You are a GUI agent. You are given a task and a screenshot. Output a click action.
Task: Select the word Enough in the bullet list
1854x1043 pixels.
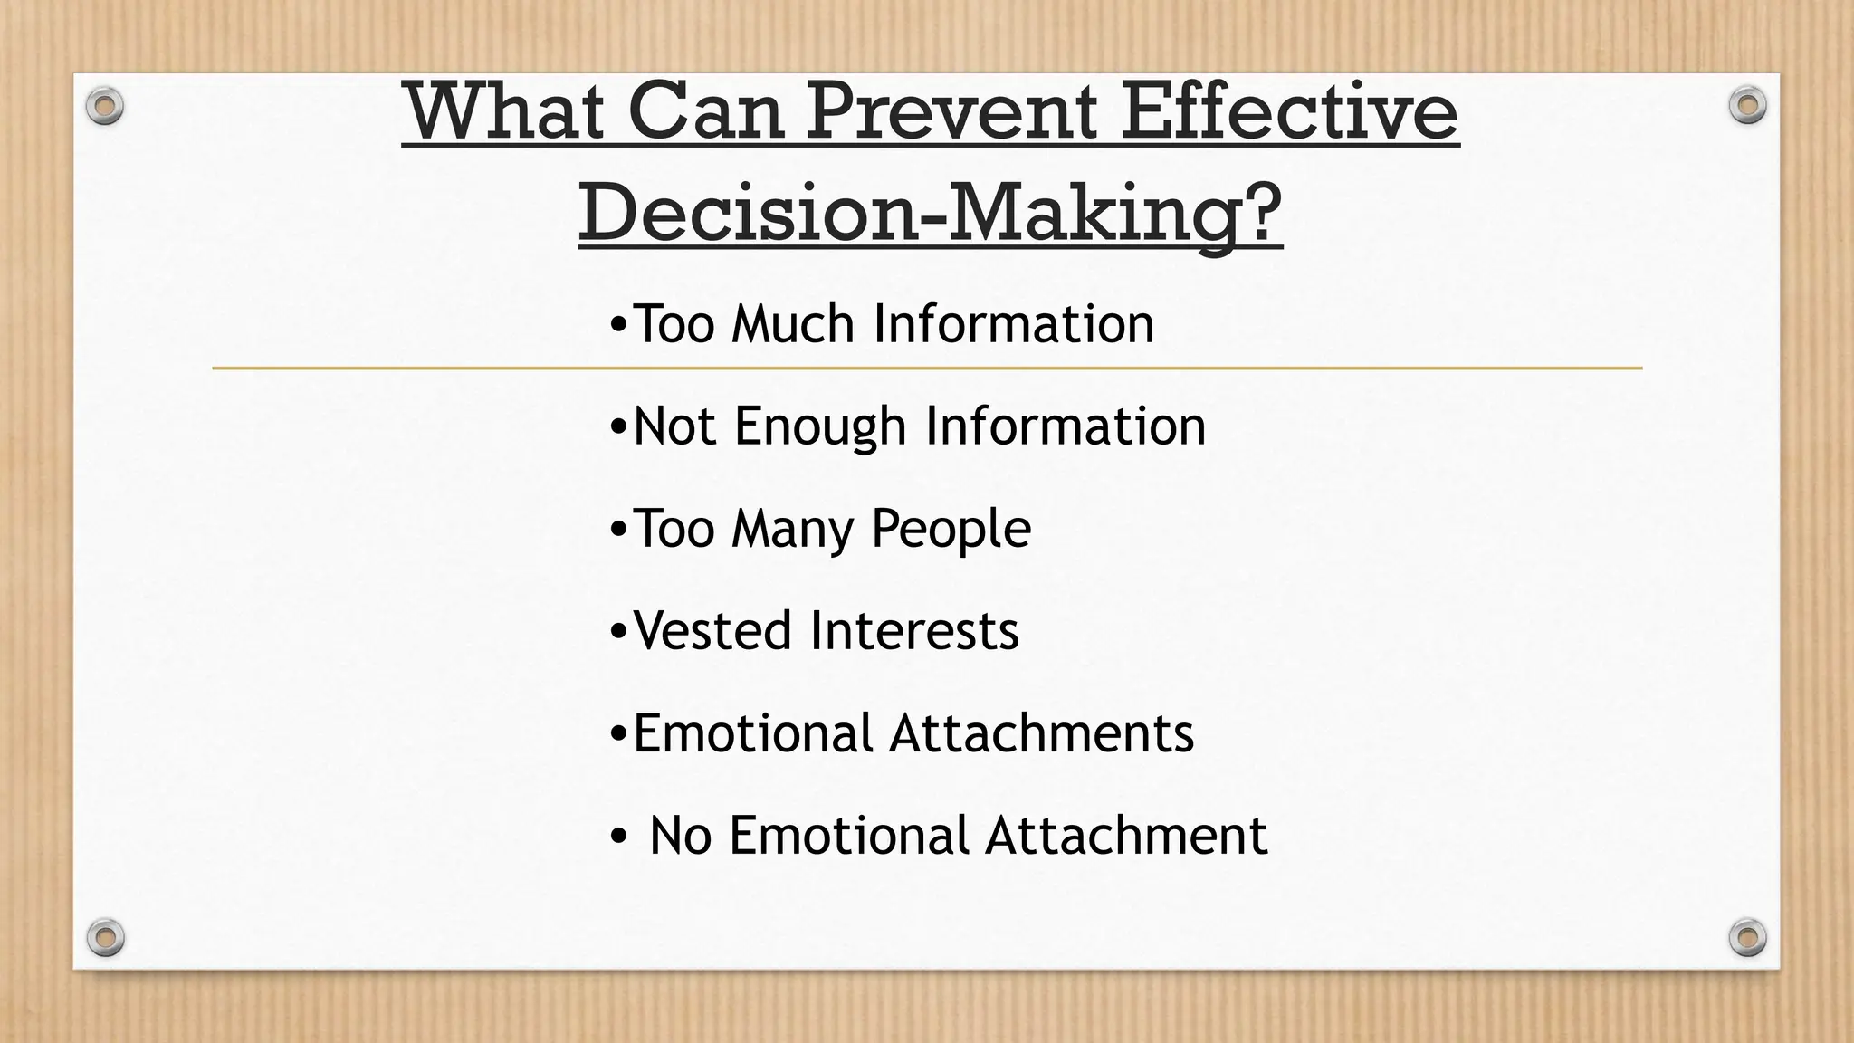[x=820, y=426]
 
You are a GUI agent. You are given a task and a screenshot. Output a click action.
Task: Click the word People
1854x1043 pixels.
[x=951, y=529]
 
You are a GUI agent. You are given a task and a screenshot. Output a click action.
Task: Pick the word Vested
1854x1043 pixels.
[x=712, y=630]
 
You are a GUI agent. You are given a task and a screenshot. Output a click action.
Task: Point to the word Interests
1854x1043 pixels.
[x=914, y=630]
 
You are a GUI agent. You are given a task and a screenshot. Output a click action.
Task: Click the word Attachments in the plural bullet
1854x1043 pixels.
[x=1041, y=732]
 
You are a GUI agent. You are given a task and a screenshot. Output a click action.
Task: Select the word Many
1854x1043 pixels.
[x=792, y=529]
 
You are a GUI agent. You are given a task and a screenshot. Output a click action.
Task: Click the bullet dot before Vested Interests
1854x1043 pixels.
[x=618, y=632]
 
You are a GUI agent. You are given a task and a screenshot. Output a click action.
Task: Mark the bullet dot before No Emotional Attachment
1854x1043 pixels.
[x=618, y=837]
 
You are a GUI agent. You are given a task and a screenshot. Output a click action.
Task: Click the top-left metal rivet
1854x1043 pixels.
[x=105, y=107]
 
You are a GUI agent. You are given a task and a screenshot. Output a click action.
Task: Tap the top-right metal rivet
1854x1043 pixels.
[x=1747, y=105]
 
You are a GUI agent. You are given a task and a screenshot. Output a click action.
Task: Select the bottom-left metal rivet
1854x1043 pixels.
[x=105, y=936]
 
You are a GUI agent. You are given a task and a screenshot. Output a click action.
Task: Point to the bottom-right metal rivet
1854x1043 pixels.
[x=1747, y=936]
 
